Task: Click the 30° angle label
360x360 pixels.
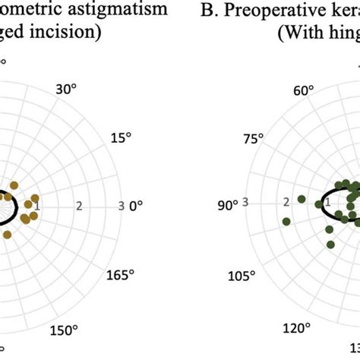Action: [66, 89]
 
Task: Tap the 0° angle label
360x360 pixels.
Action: [137, 206]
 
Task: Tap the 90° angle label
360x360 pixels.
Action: [228, 205]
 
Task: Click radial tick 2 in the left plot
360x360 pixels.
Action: [80, 206]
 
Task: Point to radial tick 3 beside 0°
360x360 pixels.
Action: [122, 206]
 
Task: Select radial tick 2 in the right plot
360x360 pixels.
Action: [286, 203]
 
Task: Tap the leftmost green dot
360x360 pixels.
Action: [286, 222]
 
